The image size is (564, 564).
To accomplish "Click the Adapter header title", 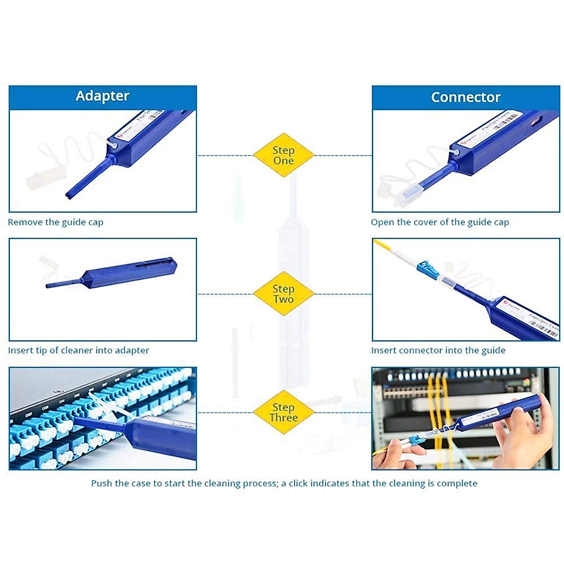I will (102, 96).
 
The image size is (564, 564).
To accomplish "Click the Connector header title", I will (465, 97).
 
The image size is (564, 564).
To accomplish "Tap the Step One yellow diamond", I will (283, 155).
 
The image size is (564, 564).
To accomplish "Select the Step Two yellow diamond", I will (283, 294).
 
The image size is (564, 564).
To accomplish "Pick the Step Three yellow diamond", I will (283, 412).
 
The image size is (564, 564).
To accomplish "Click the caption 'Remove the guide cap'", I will (55, 222).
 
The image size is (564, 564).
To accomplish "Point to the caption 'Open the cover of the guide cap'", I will (439, 222).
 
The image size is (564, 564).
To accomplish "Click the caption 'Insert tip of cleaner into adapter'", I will (78, 350).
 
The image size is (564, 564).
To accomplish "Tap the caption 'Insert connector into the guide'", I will (438, 350).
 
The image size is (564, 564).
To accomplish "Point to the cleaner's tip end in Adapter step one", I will (70, 195).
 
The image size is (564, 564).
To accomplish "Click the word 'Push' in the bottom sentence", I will (102, 483).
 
